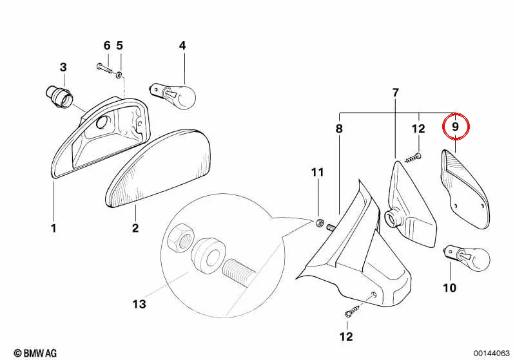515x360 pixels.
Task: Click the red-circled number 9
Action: pyautogui.click(x=455, y=126)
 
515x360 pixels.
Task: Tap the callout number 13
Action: pyautogui.click(x=139, y=304)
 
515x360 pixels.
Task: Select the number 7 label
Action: pyautogui.click(x=396, y=93)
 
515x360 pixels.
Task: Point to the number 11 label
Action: pyautogui.click(x=317, y=173)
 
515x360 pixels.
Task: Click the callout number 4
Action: pyautogui.click(x=182, y=46)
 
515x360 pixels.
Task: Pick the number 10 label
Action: pyautogui.click(x=450, y=288)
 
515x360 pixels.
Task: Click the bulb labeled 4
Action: pyautogui.click(x=173, y=95)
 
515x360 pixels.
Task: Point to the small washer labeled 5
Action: pyautogui.click(x=119, y=75)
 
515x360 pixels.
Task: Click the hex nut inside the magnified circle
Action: pyautogui.click(x=180, y=238)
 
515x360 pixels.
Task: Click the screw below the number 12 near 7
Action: pyautogui.click(x=414, y=158)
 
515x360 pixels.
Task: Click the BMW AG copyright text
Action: pyautogui.click(x=35, y=353)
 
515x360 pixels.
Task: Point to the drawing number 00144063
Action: pyautogui.click(x=492, y=353)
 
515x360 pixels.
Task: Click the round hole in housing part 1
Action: pyautogui.click(x=102, y=123)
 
